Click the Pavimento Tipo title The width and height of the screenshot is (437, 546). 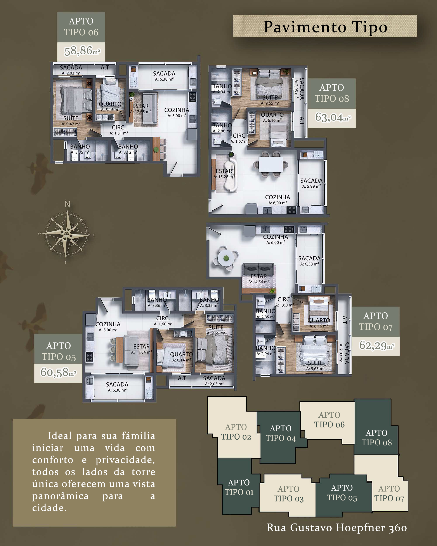326,27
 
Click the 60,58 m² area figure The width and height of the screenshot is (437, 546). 58,373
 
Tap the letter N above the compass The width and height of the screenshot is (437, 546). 67,204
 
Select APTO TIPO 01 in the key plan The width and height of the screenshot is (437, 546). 239,487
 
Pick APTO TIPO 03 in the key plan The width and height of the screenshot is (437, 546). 289,494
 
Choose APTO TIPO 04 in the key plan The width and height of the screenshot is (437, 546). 281,433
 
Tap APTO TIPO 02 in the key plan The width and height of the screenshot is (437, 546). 236,432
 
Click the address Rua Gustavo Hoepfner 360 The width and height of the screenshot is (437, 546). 337,527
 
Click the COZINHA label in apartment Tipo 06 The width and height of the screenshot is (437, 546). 177,110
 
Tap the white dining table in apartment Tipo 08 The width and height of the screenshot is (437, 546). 271,165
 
